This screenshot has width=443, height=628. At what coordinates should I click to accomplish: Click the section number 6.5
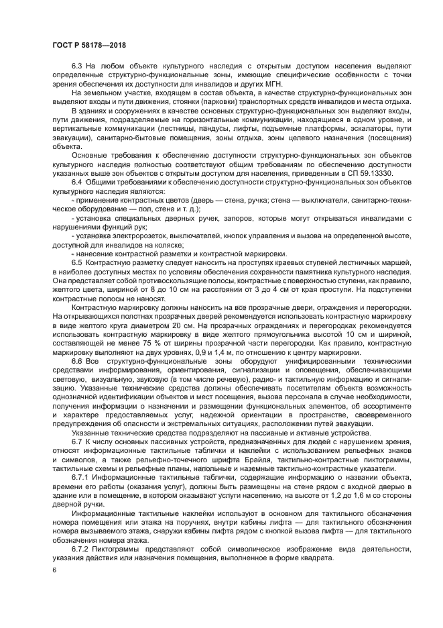[x=76, y=262]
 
